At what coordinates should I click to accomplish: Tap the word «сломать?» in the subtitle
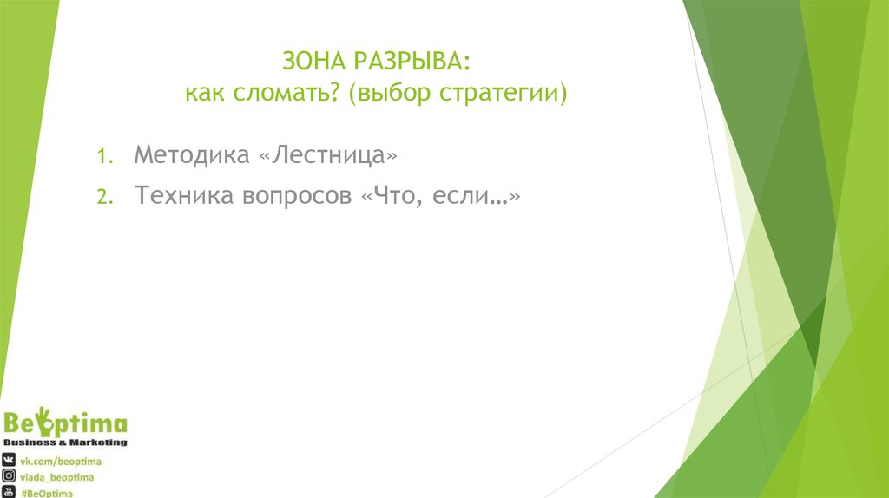[x=288, y=92]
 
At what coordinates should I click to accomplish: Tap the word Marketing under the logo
[x=97, y=442]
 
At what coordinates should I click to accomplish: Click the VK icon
[x=9, y=460]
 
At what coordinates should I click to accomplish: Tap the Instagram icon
[x=9, y=476]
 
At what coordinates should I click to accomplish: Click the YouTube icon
[x=9, y=492]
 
